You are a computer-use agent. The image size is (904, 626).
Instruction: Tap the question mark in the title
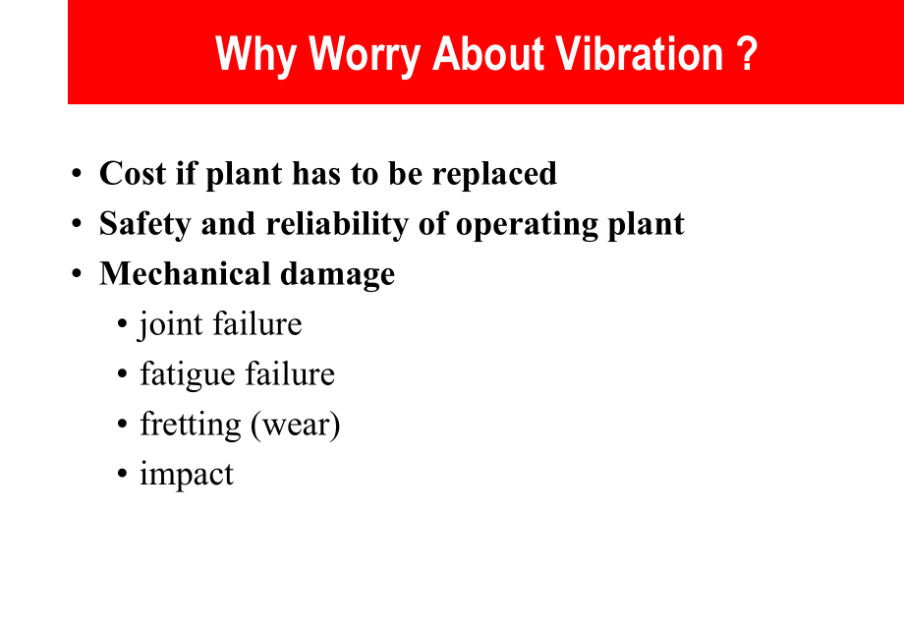point(746,54)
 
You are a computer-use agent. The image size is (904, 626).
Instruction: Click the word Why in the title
point(255,56)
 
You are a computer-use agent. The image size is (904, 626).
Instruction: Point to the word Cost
point(133,173)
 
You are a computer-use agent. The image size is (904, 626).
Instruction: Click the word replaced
point(494,175)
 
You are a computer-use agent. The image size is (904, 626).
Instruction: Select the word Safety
point(144,225)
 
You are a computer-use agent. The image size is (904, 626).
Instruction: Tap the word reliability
point(337,225)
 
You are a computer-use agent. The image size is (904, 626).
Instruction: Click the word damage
point(337,275)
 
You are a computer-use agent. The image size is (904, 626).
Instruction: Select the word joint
point(171,324)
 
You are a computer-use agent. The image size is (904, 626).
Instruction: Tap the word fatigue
point(188,374)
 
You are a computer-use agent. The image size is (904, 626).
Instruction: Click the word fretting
point(191,425)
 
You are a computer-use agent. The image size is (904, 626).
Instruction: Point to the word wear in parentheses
point(296,426)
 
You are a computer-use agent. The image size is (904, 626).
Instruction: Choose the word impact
point(187,476)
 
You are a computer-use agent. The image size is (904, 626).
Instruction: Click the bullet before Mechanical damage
point(77,274)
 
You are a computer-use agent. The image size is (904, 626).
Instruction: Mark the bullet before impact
point(122,475)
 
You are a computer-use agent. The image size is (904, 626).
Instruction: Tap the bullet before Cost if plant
point(77,174)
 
